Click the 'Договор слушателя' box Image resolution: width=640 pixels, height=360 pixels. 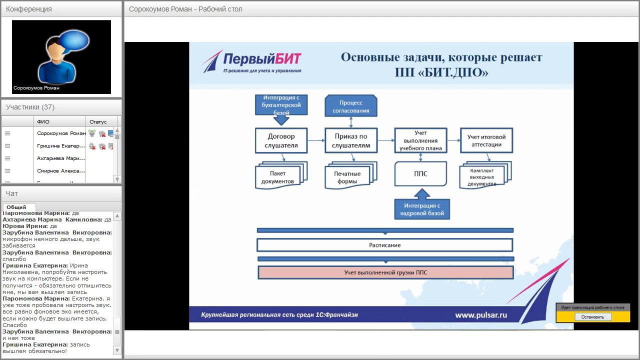point(281,140)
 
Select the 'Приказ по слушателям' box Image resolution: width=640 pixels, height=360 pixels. point(351,140)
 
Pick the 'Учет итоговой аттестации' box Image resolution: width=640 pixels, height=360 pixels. point(486,140)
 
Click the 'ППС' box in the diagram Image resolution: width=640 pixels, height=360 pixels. point(420,174)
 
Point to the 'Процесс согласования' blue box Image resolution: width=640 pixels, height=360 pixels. point(351,106)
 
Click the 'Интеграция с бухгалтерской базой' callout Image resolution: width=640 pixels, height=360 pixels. point(281,105)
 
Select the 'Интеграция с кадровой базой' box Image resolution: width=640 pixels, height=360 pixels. point(422,209)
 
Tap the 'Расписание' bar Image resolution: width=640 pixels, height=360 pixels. point(385,245)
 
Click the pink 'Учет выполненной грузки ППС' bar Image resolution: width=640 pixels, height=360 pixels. point(385,272)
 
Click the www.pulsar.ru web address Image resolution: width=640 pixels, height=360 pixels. point(481,315)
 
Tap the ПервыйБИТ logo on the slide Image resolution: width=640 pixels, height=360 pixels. point(252,62)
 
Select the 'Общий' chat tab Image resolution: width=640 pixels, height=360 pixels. point(16,207)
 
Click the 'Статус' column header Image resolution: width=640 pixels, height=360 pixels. point(98,121)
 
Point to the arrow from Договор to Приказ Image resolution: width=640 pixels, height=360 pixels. point(315,140)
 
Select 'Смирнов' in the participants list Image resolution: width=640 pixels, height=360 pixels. point(60,170)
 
